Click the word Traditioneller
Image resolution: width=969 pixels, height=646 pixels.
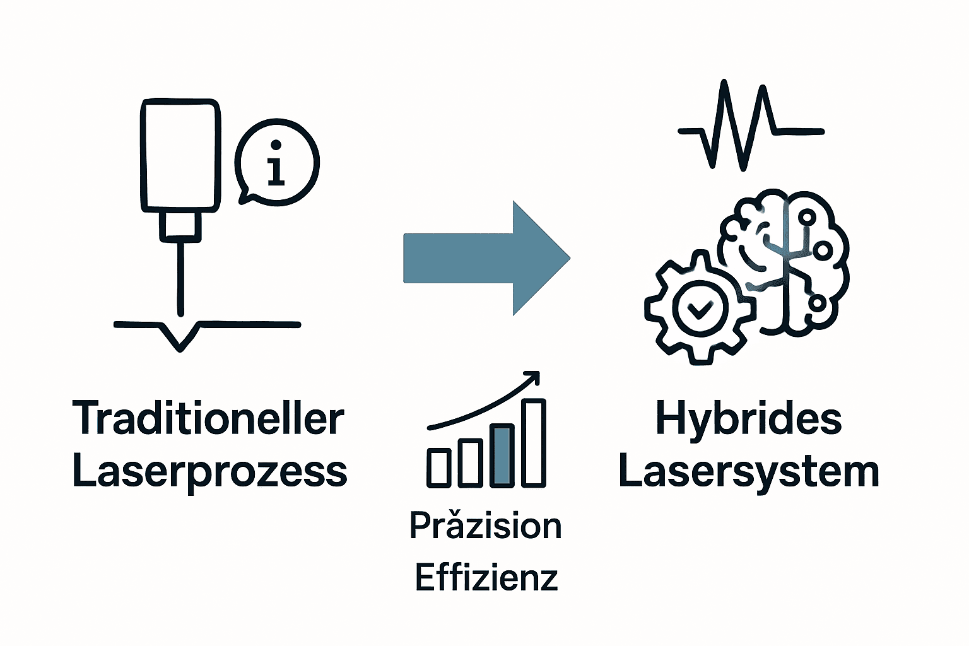tap(208, 419)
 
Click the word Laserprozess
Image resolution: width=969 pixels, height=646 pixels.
tap(209, 472)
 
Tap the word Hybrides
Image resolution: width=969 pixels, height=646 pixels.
tap(749, 419)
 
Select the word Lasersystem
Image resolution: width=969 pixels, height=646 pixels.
tap(749, 472)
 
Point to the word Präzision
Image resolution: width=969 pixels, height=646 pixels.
tap(485, 526)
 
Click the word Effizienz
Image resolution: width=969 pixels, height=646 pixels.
tap(486, 577)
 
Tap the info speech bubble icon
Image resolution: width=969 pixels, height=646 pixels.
tap(276, 162)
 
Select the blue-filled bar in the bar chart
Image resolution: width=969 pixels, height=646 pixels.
tap(502, 455)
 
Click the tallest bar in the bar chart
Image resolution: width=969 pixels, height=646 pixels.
tap(534, 443)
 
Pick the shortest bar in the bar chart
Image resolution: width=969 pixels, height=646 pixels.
tap(439, 467)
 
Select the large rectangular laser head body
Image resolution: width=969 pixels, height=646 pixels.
tap(180, 155)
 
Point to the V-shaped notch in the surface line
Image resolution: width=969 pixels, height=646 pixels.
tap(180, 338)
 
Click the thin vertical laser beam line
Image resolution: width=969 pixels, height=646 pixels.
tap(181, 278)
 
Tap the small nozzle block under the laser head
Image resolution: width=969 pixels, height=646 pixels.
tap(180, 226)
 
